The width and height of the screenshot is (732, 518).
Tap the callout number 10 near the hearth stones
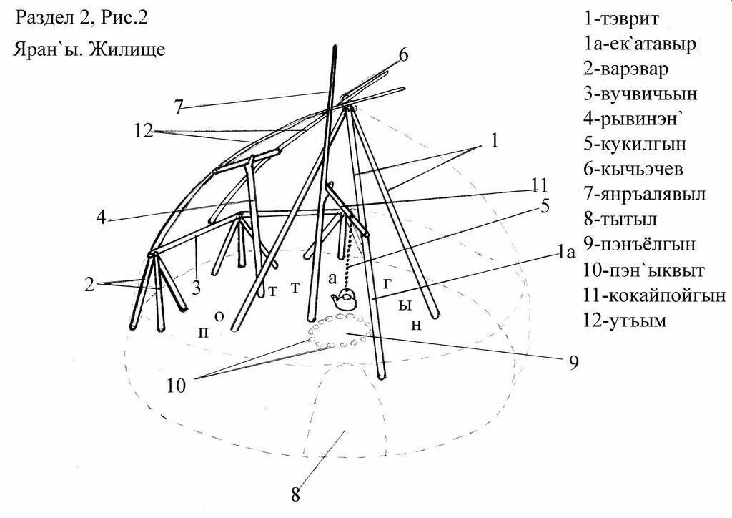[x=177, y=386]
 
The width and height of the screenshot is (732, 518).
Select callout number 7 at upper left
[x=178, y=107]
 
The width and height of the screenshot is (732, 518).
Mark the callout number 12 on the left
[x=144, y=131]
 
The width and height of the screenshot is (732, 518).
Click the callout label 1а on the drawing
[x=566, y=251]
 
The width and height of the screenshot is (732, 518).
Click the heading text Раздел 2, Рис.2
[x=81, y=18]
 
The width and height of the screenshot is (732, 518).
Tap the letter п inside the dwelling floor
[x=204, y=333]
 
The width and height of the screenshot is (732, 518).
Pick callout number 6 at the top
[x=404, y=55]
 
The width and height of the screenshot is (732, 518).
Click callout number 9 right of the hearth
[x=573, y=363]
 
